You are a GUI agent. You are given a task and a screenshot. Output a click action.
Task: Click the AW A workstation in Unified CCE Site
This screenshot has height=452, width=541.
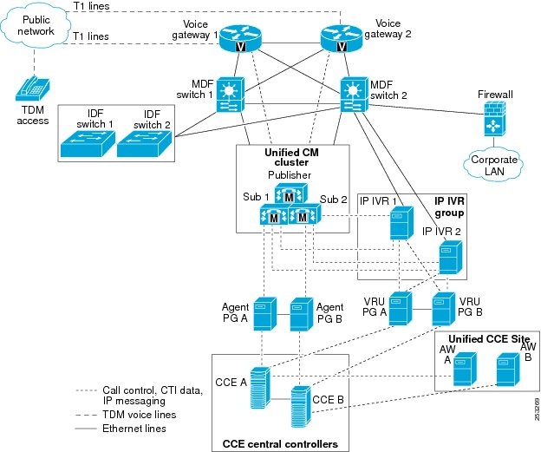coord(465,369)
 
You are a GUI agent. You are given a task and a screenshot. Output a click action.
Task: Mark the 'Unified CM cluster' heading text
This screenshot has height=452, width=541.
coord(293,158)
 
